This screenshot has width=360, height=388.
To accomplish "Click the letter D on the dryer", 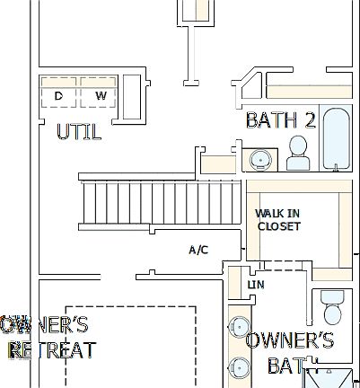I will coord(59,95).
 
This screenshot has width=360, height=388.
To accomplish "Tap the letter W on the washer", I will coord(101,95).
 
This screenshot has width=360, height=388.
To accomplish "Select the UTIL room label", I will coord(79,132).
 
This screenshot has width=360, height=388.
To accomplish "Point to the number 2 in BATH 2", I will coord(310,120).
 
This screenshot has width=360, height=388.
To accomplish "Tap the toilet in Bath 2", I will coord(298,153).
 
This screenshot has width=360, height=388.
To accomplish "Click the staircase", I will coord(162,204).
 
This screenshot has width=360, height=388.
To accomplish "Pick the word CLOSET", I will coord(279,226).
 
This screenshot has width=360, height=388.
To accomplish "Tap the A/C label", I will coord(198,249).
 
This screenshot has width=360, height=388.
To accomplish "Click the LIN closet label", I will coord(256,285).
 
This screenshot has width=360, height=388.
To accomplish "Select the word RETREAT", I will coord(50,348).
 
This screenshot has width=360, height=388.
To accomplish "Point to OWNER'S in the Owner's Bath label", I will coord(289,340).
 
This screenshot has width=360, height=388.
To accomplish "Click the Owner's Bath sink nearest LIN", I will coord(240,325).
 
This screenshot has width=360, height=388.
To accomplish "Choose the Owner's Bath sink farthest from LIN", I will coord(240,366).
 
